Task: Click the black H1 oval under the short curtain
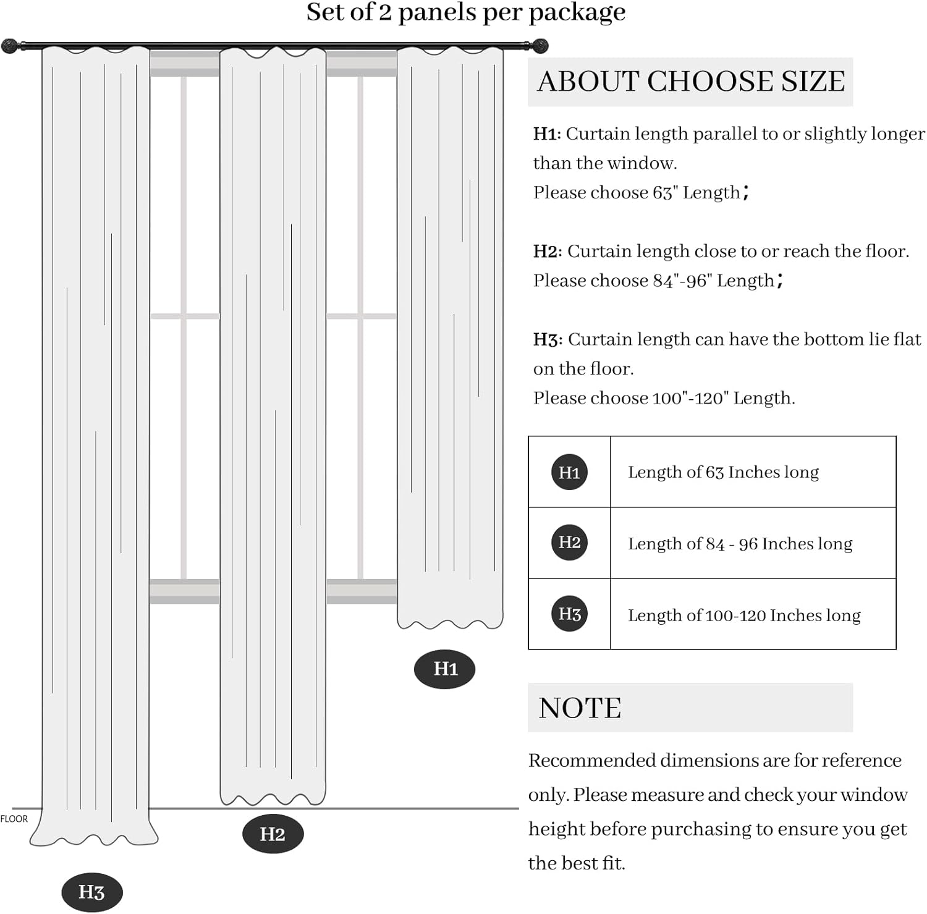(x=444, y=669)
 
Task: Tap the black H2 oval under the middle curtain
(x=273, y=834)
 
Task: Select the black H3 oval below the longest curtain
(x=91, y=892)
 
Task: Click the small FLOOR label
(x=14, y=819)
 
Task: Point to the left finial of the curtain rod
(x=10, y=46)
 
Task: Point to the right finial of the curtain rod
(x=540, y=45)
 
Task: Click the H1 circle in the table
(x=569, y=472)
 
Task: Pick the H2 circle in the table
(x=569, y=543)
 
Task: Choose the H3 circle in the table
(x=569, y=614)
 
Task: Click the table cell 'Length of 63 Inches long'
(x=723, y=472)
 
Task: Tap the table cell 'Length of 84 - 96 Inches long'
(x=740, y=544)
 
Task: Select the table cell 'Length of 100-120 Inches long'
(x=744, y=616)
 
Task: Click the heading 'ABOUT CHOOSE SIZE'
(x=690, y=82)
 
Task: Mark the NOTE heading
(x=580, y=708)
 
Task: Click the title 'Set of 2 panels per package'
(x=465, y=12)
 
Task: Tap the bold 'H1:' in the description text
(x=547, y=134)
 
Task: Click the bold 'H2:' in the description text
(x=548, y=252)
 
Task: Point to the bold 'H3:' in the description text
(x=548, y=339)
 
